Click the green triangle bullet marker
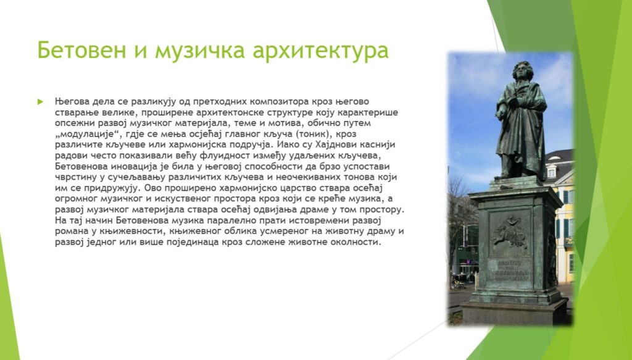(x=40, y=102)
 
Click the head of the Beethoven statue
(x=522, y=71)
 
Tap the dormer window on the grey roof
(x=551, y=171)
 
